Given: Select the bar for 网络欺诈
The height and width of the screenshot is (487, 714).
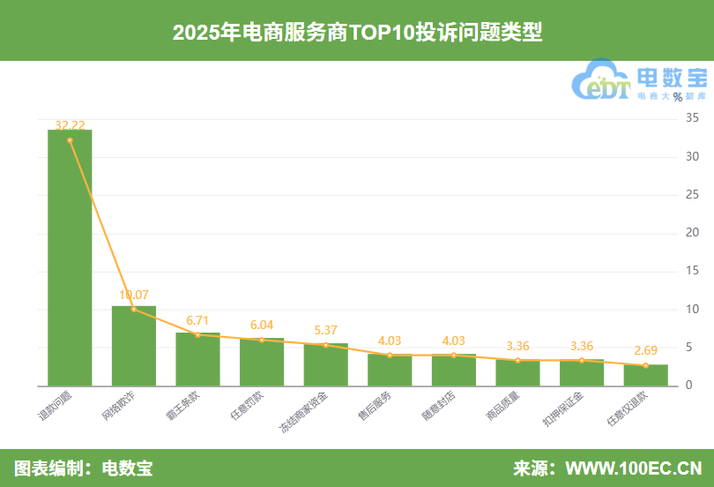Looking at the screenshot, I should pos(134,346).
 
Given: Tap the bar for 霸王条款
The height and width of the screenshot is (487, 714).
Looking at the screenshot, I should pos(197,359).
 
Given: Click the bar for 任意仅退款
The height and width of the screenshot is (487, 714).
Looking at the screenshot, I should pos(646,375).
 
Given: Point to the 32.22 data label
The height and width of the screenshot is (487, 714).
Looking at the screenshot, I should pos(70,125).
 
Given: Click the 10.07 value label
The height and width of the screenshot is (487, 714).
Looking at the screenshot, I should pos(134,295).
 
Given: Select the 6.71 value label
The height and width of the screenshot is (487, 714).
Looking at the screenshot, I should pos(197,319).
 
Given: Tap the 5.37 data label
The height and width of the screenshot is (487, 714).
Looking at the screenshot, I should pos(326,330).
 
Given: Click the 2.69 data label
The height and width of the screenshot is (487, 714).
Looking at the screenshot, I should pos(646,350).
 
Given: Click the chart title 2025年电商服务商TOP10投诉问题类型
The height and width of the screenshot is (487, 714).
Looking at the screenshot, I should pos(357,33).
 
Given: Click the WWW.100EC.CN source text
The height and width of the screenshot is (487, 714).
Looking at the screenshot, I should pos(633,468).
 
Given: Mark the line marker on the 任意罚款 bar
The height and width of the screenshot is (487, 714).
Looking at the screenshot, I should pos(262,340).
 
